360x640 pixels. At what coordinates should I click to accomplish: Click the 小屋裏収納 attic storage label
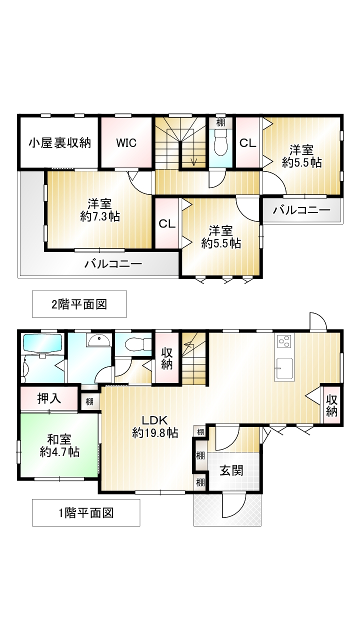click(59, 143)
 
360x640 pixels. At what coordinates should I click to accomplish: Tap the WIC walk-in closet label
click(126, 143)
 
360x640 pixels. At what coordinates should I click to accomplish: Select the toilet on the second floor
click(220, 142)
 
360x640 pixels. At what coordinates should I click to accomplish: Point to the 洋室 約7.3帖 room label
click(99, 210)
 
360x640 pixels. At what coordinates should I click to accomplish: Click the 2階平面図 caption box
click(79, 304)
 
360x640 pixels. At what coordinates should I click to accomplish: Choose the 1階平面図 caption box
click(86, 512)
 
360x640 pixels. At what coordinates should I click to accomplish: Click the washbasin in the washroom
click(99, 340)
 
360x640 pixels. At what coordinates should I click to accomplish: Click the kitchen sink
click(283, 368)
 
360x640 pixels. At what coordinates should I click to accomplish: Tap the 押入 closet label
click(49, 398)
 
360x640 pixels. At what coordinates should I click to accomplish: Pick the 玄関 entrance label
click(231, 470)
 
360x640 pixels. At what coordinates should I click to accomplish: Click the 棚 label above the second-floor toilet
click(220, 123)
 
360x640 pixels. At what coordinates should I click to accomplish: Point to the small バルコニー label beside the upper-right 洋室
click(301, 210)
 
